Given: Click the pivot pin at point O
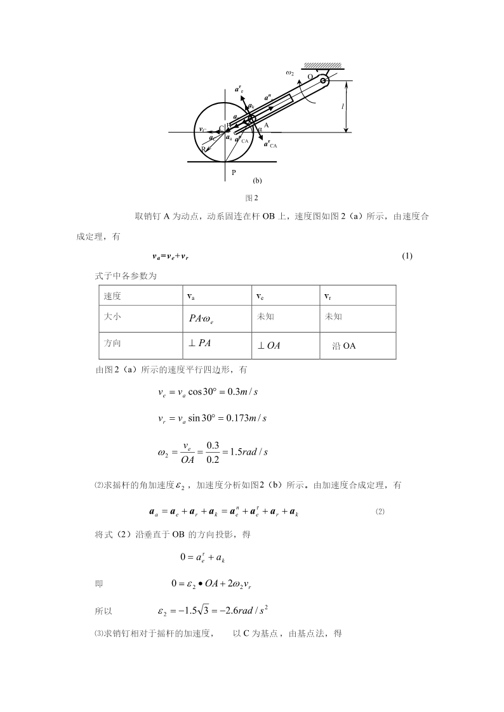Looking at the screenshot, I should click(324, 81).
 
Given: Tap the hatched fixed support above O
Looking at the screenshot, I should click(323, 65).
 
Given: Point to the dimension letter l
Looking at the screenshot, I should click(343, 107).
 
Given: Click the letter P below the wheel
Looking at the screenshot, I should click(234, 172).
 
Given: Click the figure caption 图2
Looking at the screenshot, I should click(252, 197).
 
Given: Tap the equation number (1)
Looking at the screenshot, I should click(408, 256).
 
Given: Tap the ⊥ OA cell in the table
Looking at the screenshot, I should click(269, 346).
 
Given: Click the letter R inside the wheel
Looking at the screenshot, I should click(204, 149).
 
